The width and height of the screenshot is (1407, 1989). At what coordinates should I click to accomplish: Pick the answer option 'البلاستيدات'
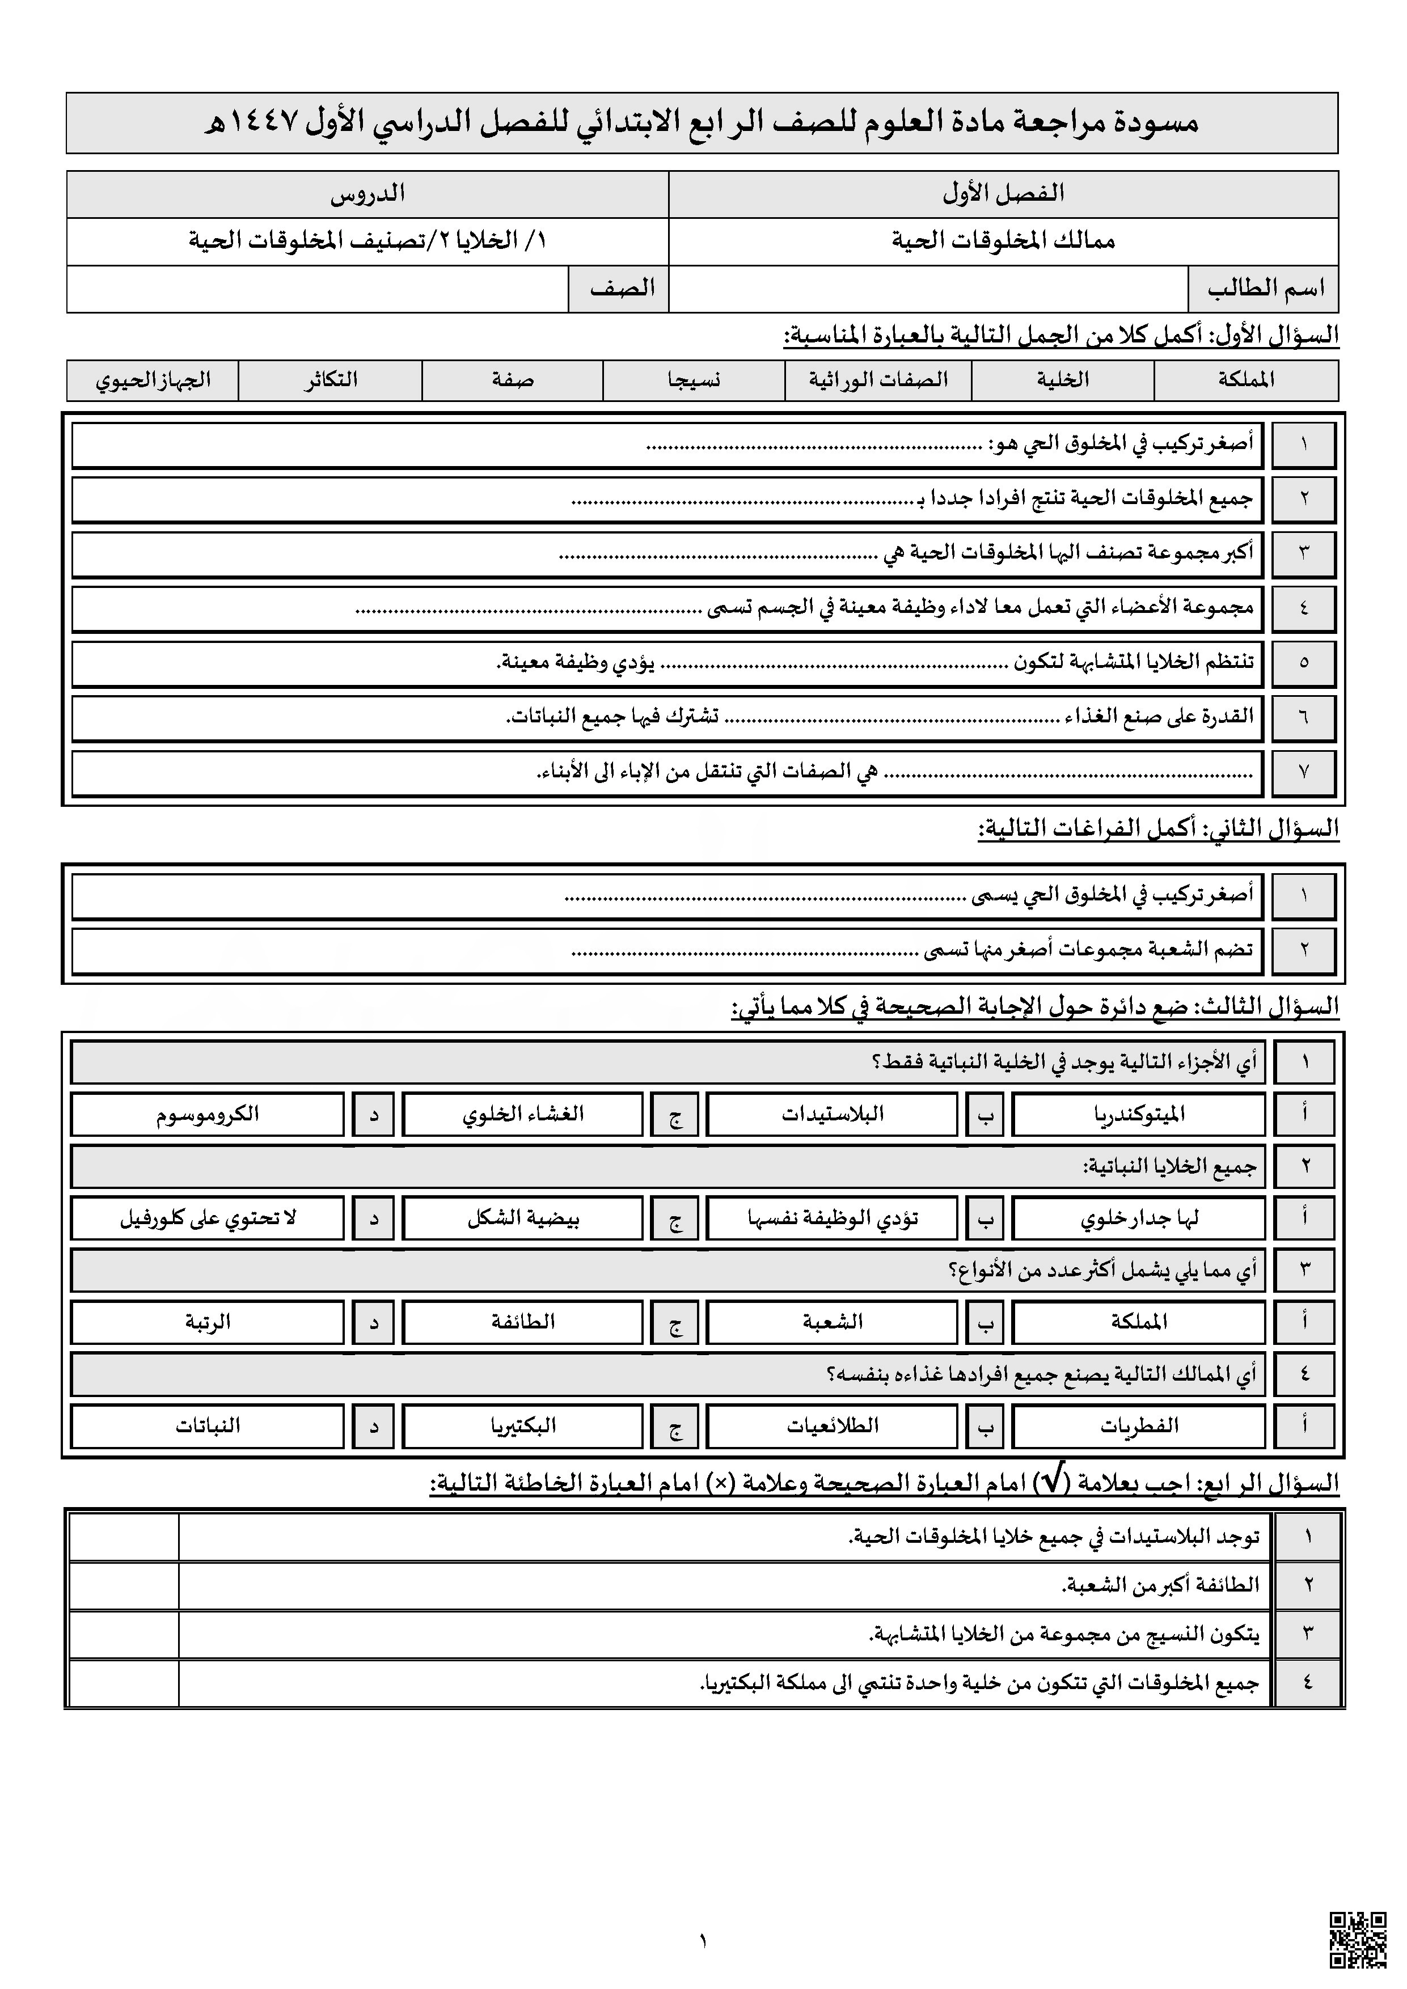pos(832,1114)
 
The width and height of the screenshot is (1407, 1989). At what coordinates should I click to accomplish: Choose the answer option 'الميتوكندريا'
pos(1138,1114)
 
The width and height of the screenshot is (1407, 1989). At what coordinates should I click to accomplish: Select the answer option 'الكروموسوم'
pos(208,1114)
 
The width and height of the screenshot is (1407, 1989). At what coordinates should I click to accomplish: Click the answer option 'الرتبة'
pos(208,1322)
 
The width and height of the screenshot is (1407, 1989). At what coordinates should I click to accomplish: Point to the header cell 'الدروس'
pos(367,193)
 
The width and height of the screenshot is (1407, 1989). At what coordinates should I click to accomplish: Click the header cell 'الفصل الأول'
pos(1003,193)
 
